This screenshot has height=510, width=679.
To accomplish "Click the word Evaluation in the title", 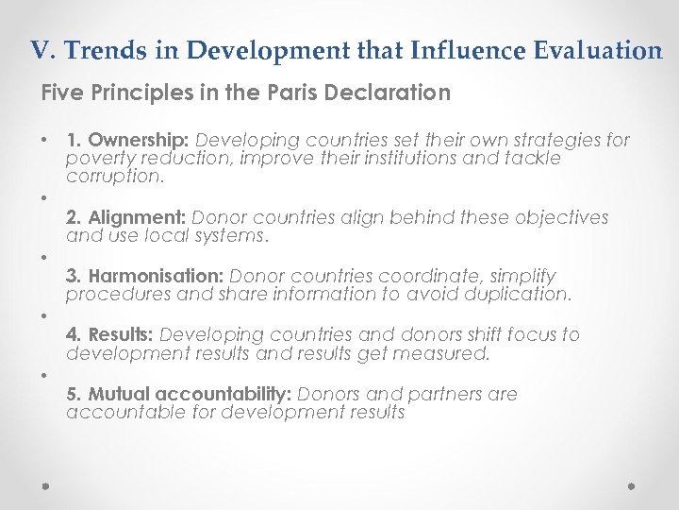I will pyautogui.click(x=607, y=50).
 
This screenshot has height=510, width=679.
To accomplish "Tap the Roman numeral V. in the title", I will pyautogui.click(x=40, y=50).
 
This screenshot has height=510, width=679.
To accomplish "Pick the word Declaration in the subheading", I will pyautogui.click(x=393, y=93).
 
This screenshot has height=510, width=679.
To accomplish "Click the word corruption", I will pyautogui.click(x=115, y=177).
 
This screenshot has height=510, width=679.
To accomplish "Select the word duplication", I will pyautogui.click(x=522, y=295).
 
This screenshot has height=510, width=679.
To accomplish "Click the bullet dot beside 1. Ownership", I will pyautogui.click(x=44, y=141).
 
